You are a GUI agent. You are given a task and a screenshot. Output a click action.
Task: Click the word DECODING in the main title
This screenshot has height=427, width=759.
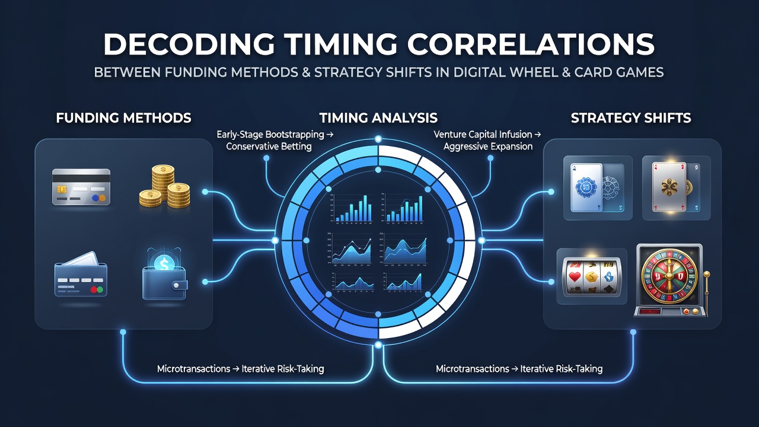pyautogui.click(x=189, y=44)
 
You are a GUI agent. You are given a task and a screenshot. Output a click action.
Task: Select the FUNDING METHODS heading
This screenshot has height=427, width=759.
pyautogui.click(x=124, y=118)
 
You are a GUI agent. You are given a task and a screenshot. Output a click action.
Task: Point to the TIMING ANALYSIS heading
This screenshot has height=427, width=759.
pyautogui.click(x=378, y=118)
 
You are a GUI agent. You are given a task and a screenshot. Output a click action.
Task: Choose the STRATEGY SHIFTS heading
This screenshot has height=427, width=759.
pyautogui.click(x=631, y=118)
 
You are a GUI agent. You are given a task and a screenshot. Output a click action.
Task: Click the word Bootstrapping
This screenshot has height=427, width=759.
pyautogui.click(x=295, y=135)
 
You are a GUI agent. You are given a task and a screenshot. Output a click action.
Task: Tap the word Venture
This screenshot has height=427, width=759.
pyautogui.click(x=449, y=134)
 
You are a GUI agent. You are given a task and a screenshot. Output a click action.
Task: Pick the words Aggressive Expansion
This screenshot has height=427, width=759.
pyautogui.click(x=488, y=146)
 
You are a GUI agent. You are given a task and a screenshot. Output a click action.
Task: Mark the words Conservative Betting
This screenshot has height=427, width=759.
pyautogui.click(x=269, y=146)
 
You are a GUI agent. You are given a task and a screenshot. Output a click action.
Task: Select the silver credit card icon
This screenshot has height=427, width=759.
pyautogui.click(x=81, y=187)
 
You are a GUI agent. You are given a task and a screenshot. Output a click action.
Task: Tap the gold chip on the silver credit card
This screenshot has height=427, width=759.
pyautogui.click(x=61, y=189)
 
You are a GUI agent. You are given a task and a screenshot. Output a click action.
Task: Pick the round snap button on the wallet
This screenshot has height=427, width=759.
pyautogui.click(x=176, y=286)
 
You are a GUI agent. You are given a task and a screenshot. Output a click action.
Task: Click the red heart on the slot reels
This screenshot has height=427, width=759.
pyautogui.click(x=575, y=277)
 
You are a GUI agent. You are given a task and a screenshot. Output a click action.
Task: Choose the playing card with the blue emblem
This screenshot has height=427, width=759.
pyautogui.click(x=586, y=187)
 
